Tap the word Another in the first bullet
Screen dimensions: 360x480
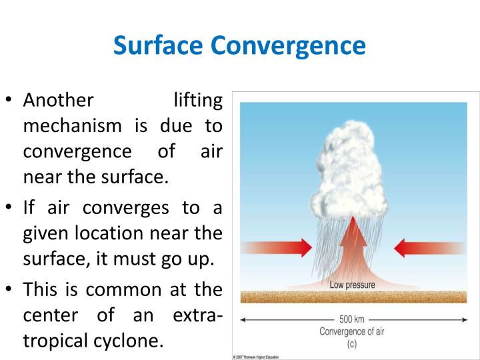[x=58, y=101]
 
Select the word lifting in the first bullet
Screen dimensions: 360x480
[x=197, y=101]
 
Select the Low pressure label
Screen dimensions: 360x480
[x=353, y=285]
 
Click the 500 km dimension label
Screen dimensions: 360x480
[x=353, y=319]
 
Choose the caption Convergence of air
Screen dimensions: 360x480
[x=352, y=331]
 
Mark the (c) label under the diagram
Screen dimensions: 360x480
[x=352, y=343]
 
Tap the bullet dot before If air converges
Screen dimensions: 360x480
[x=9, y=208]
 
